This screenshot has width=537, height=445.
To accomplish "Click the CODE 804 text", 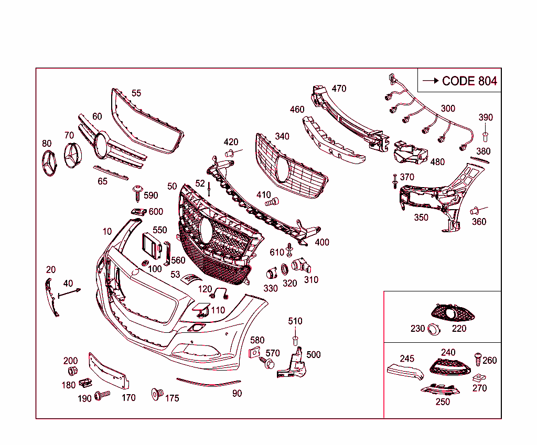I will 469,81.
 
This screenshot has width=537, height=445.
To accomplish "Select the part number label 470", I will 339,89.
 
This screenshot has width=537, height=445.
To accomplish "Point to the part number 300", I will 448,108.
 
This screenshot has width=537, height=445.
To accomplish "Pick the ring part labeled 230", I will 434,329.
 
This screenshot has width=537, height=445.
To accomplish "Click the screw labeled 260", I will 478,359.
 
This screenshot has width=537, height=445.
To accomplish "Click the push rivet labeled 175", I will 156,394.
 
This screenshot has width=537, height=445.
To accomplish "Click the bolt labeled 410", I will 272,201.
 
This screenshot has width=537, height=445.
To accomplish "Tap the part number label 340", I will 282,136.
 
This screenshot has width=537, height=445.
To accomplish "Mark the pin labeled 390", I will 485,136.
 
